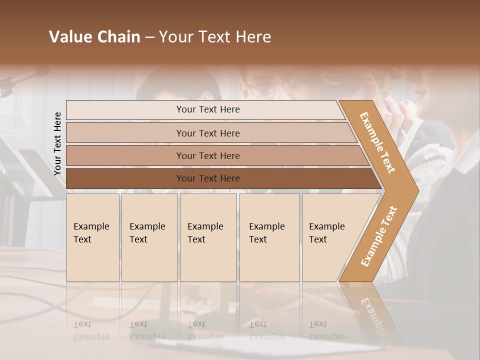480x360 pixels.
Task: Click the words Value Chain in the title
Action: click(94, 37)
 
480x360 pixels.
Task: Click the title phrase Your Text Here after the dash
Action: click(215, 37)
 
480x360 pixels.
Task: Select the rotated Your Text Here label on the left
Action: click(57, 143)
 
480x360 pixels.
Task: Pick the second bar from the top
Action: click(207, 133)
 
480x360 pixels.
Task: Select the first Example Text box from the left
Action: click(92, 237)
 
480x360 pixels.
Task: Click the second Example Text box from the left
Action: click(149, 237)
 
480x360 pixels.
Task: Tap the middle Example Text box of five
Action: click(208, 237)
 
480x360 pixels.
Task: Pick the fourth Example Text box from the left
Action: click(269, 237)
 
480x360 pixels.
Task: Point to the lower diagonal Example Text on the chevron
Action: click(379, 235)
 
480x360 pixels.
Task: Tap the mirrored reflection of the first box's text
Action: click(91, 330)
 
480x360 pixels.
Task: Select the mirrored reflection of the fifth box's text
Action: click(327, 330)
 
